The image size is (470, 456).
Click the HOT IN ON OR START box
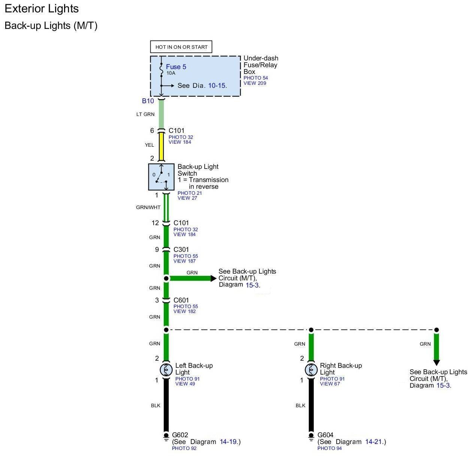tap(181, 47)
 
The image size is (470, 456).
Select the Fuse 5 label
tap(176, 67)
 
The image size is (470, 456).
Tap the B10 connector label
tap(148, 101)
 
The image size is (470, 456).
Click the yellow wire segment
tap(162, 146)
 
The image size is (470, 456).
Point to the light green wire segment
tap(162, 114)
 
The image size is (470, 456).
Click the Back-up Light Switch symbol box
tap(162, 177)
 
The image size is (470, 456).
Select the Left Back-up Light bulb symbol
tap(166, 370)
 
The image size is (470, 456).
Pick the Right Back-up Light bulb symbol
tap(311, 370)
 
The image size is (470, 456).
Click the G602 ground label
tap(180, 435)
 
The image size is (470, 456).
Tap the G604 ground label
tap(325, 435)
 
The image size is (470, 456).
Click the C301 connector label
tap(181, 250)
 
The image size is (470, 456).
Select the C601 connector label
tap(181, 300)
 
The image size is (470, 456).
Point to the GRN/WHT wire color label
tap(148, 208)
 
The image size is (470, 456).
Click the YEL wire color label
tap(150, 145)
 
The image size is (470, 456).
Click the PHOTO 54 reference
tap(256, 78)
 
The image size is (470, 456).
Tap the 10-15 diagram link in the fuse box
tap(217, 86)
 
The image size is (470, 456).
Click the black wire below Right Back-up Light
tap(311, 405)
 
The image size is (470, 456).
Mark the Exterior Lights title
tap(42, 9)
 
